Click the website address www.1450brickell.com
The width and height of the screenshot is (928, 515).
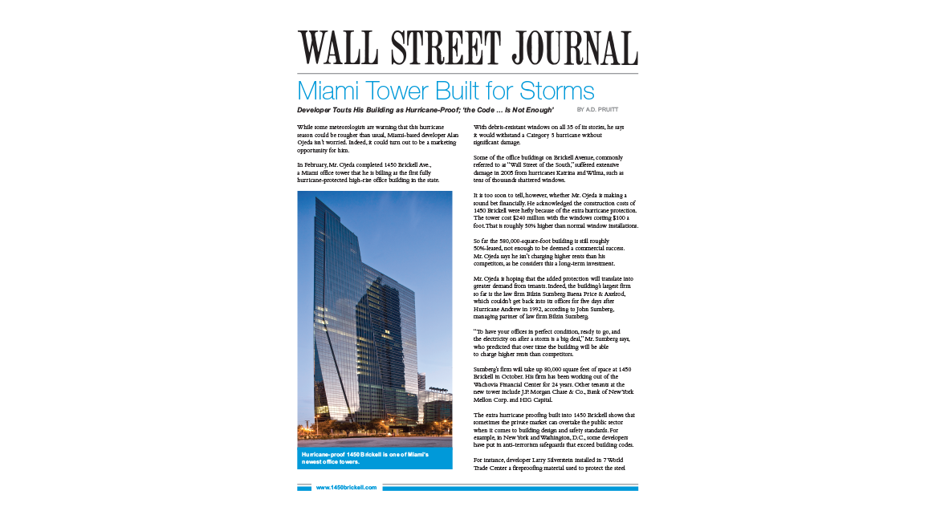346,488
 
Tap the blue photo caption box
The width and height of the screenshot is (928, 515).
374,458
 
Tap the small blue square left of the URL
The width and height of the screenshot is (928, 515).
303,488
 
